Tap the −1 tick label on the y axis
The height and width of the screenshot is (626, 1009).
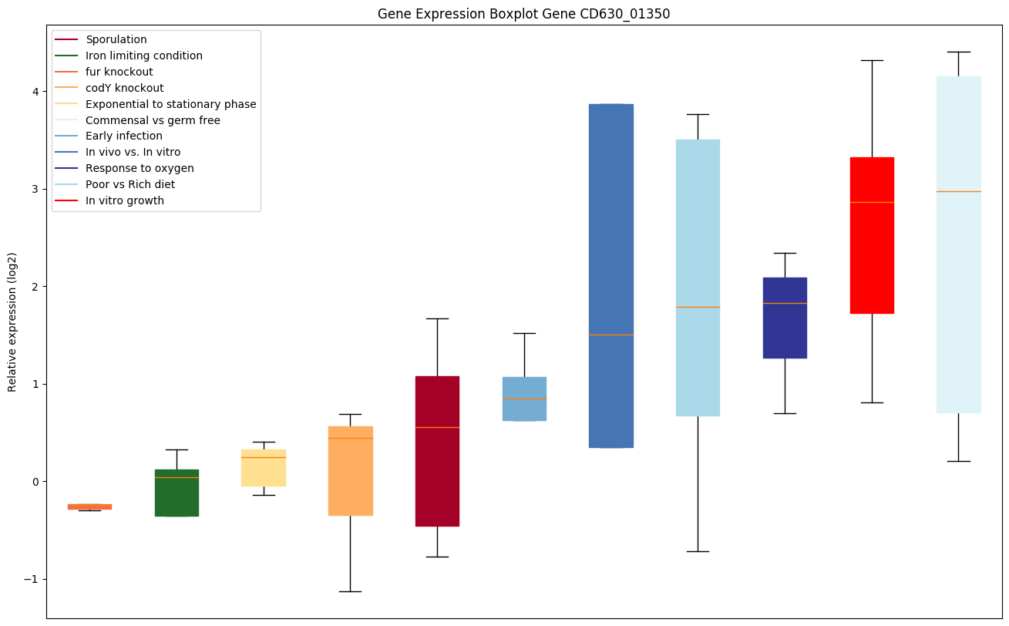tap(32, 579)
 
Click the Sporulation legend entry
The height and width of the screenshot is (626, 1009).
tap(116, 39)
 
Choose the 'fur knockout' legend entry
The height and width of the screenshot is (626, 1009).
tap(119, 72)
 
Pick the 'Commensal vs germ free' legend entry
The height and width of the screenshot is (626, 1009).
tap(153, 120)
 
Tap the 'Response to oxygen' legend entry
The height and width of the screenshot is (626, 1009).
tap(140, 168)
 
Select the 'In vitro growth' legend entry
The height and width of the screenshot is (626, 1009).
tap(125, 200)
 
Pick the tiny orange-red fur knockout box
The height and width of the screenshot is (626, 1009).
tap(89, 507)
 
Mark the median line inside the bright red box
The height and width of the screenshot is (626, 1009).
tap(872, 202)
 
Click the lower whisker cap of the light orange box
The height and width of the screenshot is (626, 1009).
tap(350, 591)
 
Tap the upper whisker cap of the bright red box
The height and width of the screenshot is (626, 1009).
tap(872, 60)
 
